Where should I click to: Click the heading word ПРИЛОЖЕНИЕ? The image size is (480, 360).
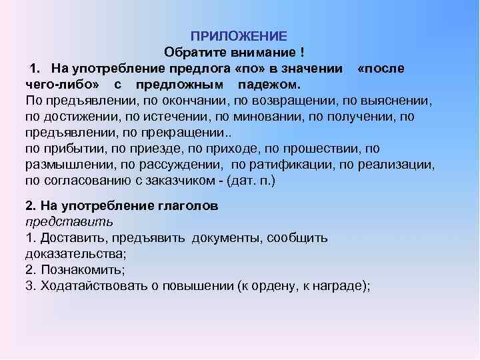pos(239,35)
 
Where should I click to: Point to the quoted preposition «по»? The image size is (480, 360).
pos(249,69)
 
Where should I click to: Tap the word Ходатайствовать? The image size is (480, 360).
pos(95,286)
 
